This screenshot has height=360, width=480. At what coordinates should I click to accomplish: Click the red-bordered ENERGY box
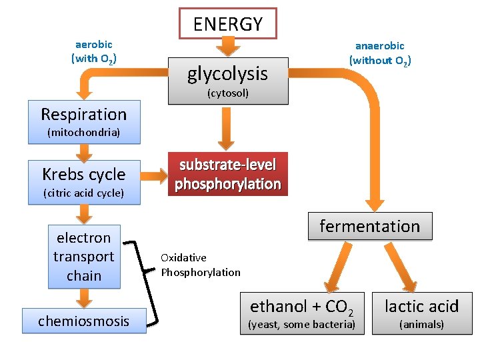[228, 24]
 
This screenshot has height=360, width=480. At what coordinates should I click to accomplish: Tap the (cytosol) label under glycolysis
[227, 93]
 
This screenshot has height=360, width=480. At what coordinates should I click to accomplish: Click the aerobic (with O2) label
[94, 51]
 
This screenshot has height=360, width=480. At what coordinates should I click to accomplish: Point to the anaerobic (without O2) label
[379, 53]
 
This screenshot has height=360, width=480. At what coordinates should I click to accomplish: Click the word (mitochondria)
[84, 133]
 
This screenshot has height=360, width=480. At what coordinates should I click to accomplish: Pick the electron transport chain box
[84, 257]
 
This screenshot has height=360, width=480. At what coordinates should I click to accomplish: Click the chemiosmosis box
[84, 321]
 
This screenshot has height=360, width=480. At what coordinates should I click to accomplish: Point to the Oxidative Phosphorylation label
[200, 265]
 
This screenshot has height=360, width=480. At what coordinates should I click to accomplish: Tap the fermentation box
[369, 226]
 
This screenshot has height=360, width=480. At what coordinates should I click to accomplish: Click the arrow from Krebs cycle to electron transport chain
[84, 214]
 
